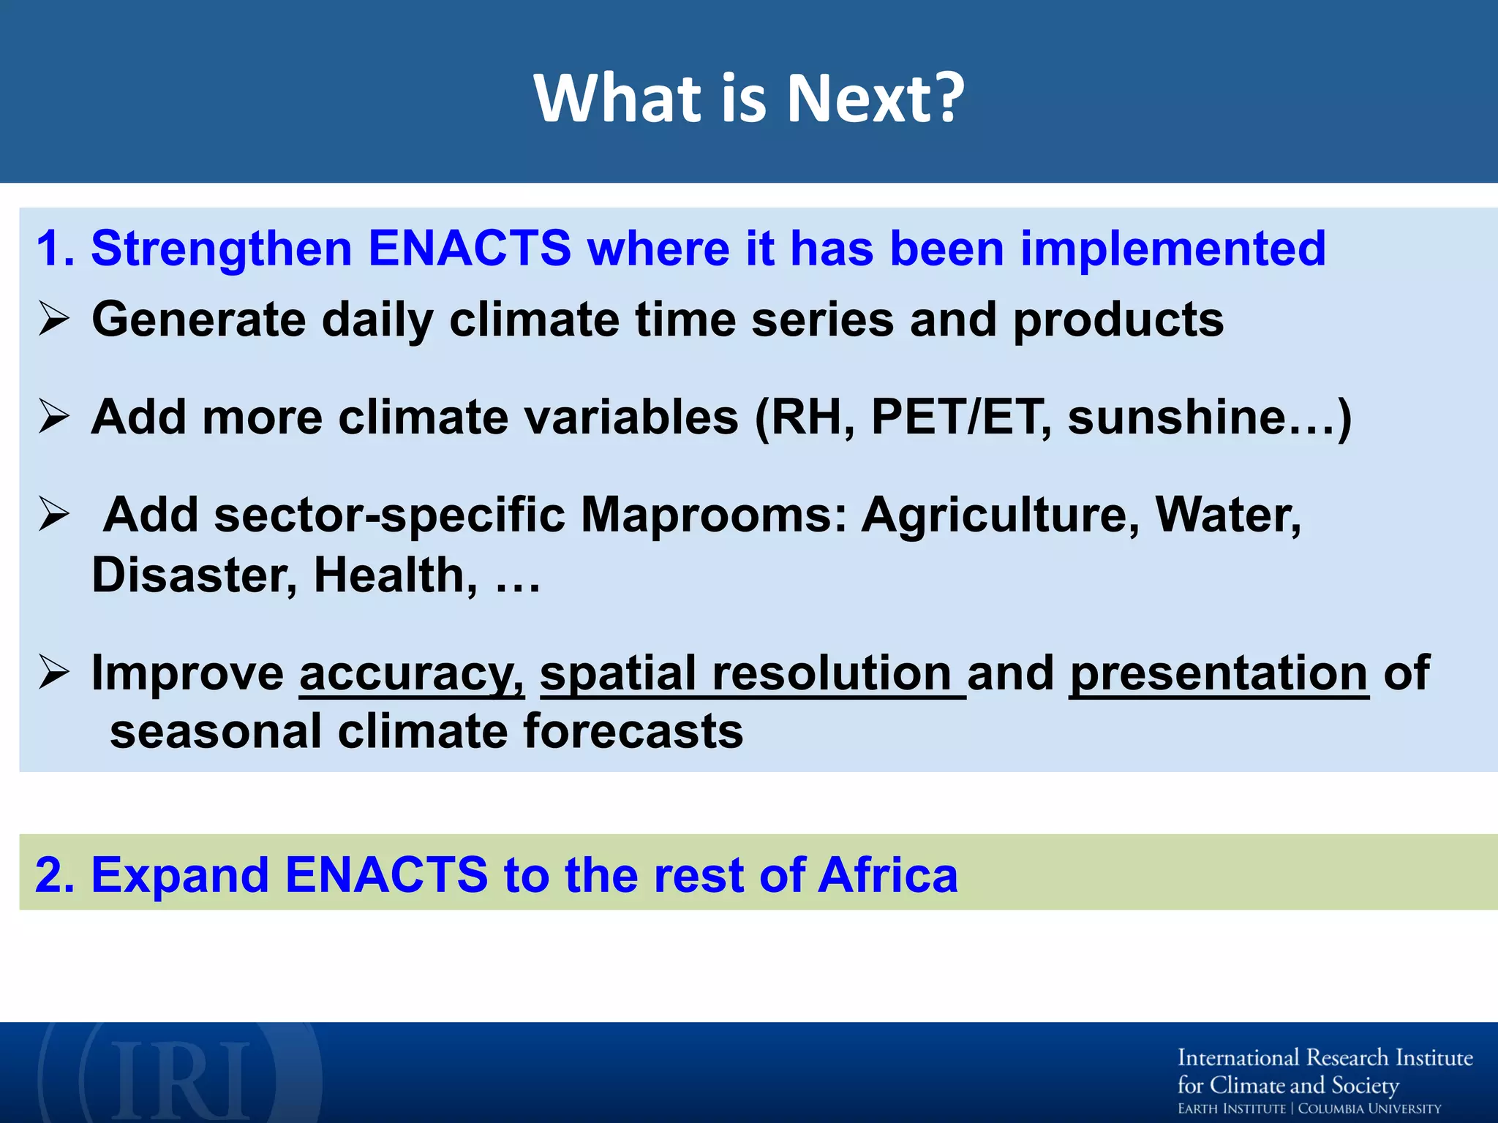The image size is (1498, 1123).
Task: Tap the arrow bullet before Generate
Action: pos(54,319)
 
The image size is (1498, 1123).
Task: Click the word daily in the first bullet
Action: pos(377,319)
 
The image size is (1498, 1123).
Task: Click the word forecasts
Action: pos(633,731)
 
